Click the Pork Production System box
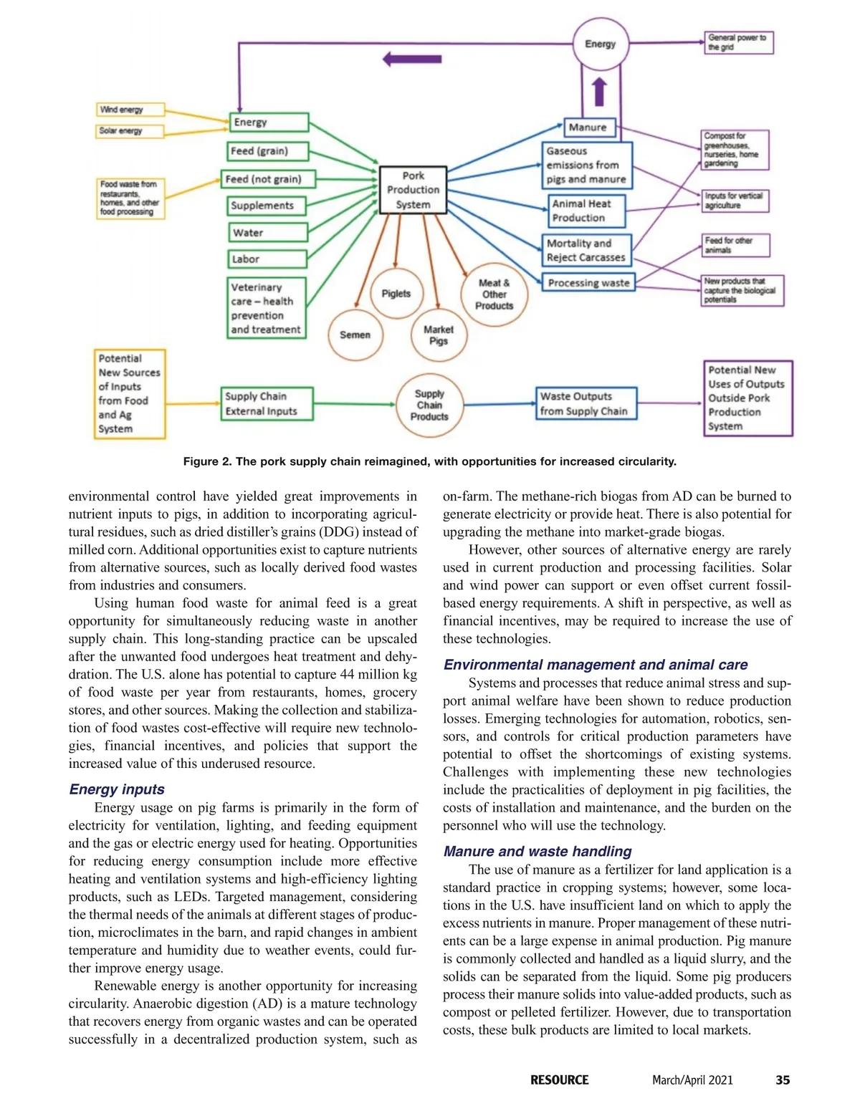tap(413, 190)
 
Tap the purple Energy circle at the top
tap(601, 44)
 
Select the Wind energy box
tap(130, 110)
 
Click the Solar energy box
tap(130, 131)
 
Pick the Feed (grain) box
tap(268, 151)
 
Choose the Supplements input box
tap(267, 206)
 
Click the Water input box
tap(267, 233)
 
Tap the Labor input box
tap(267, 259)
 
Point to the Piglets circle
tap(396, 294)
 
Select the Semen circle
tap(355, 335)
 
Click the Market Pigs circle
tap(439, 335)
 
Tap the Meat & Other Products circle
tap(494, 294)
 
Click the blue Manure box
tap(588, 128)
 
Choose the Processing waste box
tap(588, 283)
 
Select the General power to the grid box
tap(738, 42)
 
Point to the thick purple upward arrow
tap(600, 92)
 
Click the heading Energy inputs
tap(117, 789)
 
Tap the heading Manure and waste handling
tap(537, 852)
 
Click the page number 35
tap(783, 1080)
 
